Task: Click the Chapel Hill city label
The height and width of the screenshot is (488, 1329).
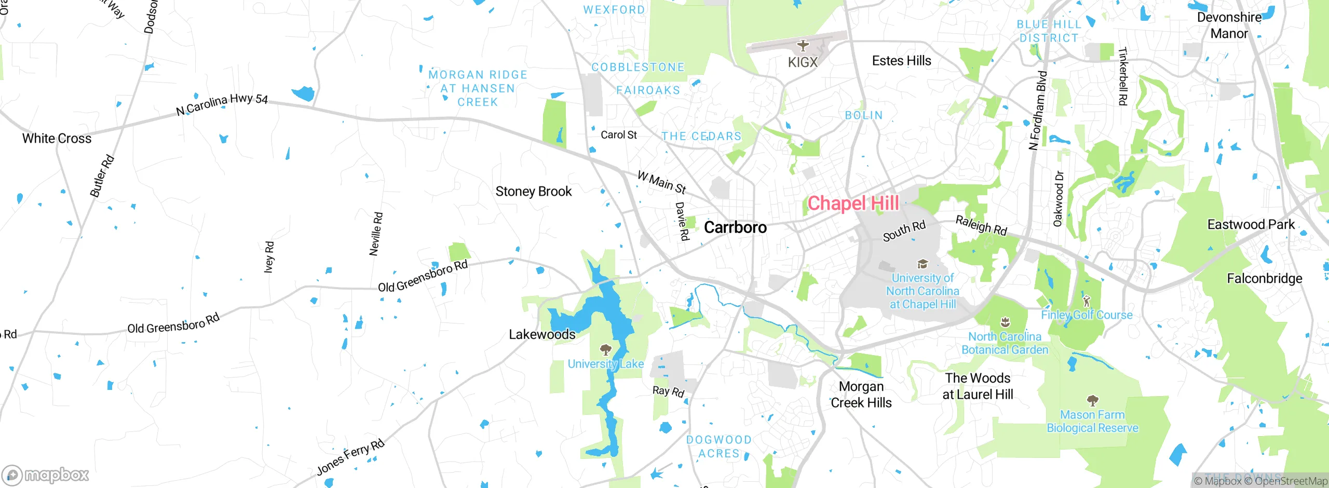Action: click(x=853, y=204)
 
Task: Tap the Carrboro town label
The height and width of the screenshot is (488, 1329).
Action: click(x=735, y=227)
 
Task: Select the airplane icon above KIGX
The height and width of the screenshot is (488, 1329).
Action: click(x=803, y=46)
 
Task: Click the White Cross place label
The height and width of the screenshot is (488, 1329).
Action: click(x=57, y=139)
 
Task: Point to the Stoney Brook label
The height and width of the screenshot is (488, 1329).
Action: click(x=533, y=192)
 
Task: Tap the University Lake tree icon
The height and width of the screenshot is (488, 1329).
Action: click(x=605, y=349)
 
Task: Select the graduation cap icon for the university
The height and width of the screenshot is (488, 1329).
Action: click(x=923, y=264)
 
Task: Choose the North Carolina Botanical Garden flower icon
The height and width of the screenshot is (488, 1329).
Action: click(x=1005, y=322)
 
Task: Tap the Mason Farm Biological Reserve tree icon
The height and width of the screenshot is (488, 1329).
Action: click(x=1092, y=400)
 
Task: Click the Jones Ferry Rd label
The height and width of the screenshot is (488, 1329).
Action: click(x=350, y=457)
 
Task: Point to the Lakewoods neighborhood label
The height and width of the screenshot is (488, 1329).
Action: click(x=542, y=334)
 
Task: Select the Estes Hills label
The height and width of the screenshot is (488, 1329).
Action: click(x=901, y=61)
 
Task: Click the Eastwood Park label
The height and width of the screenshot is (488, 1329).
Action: click(x=1251, y=225)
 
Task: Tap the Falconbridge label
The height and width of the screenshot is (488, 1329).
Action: click(x=1264, y=279)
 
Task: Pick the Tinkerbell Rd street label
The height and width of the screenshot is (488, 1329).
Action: click(x=1122, y=76)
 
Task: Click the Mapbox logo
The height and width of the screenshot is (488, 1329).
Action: click(x=46, y=475)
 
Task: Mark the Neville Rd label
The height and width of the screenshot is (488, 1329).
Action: click(x=376, y=234)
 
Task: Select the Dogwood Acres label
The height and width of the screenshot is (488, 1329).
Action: click(x=718, y=446)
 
